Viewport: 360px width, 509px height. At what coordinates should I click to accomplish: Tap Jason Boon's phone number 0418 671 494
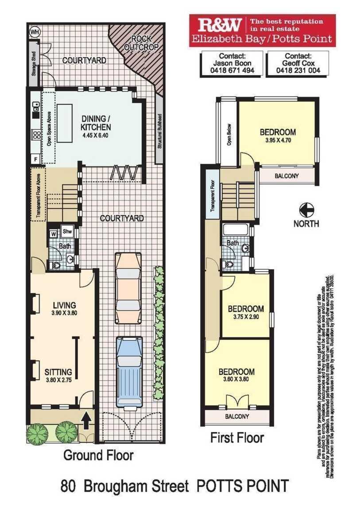[x=232, y=70]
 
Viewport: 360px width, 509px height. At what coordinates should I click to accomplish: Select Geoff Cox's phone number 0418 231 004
[x=298, y=70]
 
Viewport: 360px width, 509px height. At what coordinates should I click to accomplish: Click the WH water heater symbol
[x=34, y=32]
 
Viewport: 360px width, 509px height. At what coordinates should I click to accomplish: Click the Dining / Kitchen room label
[x=96, y=123]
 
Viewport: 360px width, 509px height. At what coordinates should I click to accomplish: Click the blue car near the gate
[x=128, y=370]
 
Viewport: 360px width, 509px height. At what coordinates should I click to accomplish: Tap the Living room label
[x=64, y=305]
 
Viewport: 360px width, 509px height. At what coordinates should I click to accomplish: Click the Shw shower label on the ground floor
[x=67, y=231]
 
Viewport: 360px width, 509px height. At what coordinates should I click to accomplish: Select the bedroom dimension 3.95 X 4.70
[x=277, y=141]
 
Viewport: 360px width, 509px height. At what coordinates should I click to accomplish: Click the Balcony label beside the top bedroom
[x=286, y=176]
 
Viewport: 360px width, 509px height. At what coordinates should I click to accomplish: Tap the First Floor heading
[x=237, y=438]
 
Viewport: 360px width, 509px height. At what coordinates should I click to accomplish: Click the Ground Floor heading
[x=98, y=455]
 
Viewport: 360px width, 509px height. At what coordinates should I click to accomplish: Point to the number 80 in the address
[x=68, y=486]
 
